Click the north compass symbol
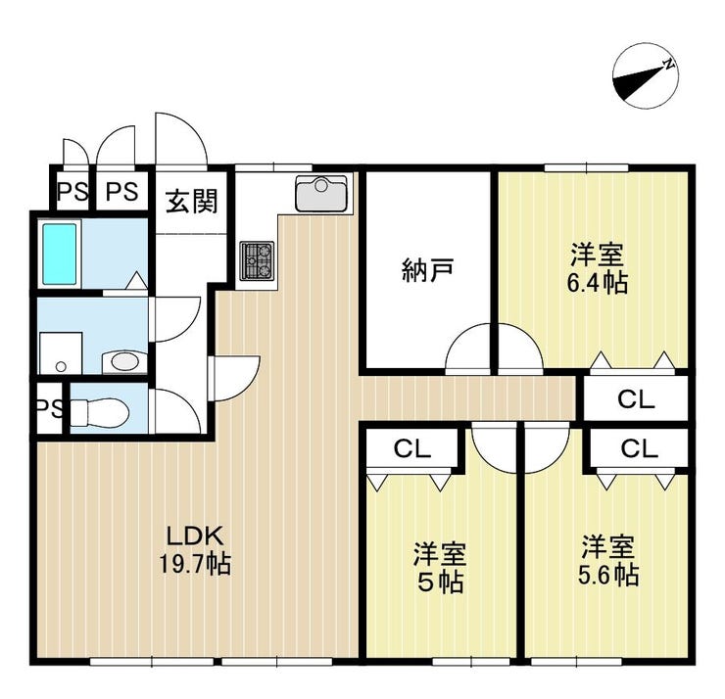pyautogui.click(x=646, y=76)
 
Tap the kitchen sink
pyautogui.click(x=321, y=193)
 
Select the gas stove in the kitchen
pyautogui.click(x=257, y=261)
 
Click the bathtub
pyautogui.click(x=59, y=254)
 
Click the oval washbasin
pyautogui.click(x=123, y=361)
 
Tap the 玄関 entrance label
pyautogui.click(x=191, y=202)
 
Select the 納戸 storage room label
pyautogui.click(x=428, y=270)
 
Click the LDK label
pyautogui.click(x=195, y=536)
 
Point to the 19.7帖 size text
pyautogui.click(x=195, y=563)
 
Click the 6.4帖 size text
pyautogui.click(x=598, y=283)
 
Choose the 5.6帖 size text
pyautogui.click(x=608, y=576)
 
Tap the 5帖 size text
pyautogui.click(x=440, y=582)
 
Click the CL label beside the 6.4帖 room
pyautogui.click(x=636, y=399)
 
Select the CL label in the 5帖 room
pyautogui.click(x=412, y=448)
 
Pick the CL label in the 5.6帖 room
pyautogui.click(x=640, y=448)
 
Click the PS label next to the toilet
pyautogui.click(x=50, y=408)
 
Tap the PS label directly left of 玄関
pyautogui.click(x=122, y=191)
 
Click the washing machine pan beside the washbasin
pyautogui.click(x=61, y=353)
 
